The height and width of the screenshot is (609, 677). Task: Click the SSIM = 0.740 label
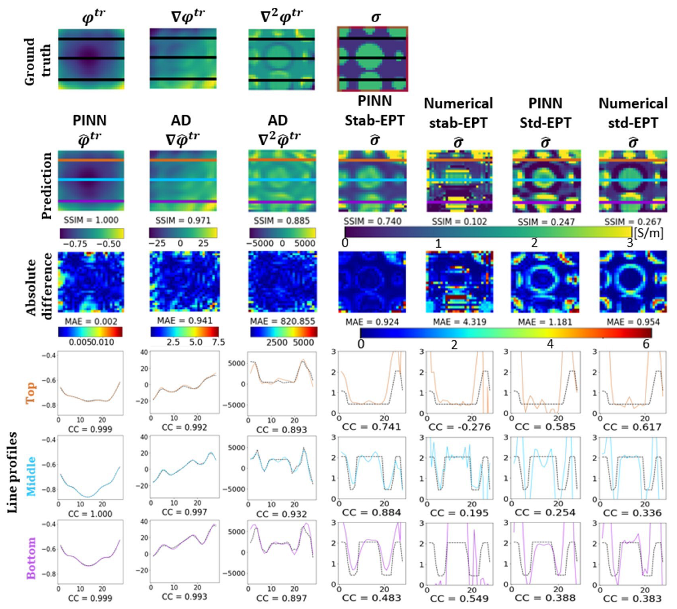coord(372,221)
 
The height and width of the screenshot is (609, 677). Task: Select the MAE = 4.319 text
coord(460,322)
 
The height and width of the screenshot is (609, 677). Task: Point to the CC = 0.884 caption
coord(372,512)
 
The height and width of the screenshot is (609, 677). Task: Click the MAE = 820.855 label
coord(282,321)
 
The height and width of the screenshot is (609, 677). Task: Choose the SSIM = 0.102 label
coord(459,222)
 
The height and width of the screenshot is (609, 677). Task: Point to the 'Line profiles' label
coord(13,472)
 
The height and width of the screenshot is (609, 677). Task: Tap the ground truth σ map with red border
coord(372,59)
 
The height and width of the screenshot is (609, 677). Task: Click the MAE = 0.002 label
coord(91,322)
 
